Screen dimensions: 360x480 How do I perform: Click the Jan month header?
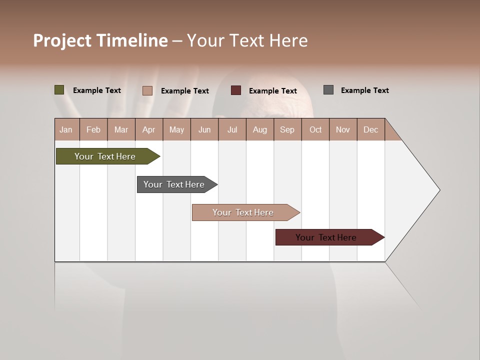(66, 129)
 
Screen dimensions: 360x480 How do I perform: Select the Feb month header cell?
(93, 129)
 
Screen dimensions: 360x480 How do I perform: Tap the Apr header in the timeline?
(148, 129)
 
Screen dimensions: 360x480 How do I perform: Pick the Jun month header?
(204, 129)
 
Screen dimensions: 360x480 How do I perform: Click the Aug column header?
(259, 129)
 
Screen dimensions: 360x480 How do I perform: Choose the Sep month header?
(287, 129)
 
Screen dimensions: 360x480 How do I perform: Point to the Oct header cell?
(315, 129)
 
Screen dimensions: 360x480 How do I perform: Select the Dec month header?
(370, 129)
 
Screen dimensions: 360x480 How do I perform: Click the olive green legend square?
(59, 90)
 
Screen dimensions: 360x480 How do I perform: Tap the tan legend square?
(147, 90)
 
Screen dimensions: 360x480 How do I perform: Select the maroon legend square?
(236, 90)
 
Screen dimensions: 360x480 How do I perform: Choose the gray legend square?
(328, 90)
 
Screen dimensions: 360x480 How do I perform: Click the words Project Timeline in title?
(100, 40)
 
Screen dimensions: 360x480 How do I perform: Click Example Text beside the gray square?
(364, 90)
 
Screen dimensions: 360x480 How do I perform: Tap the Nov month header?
(343, 129)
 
